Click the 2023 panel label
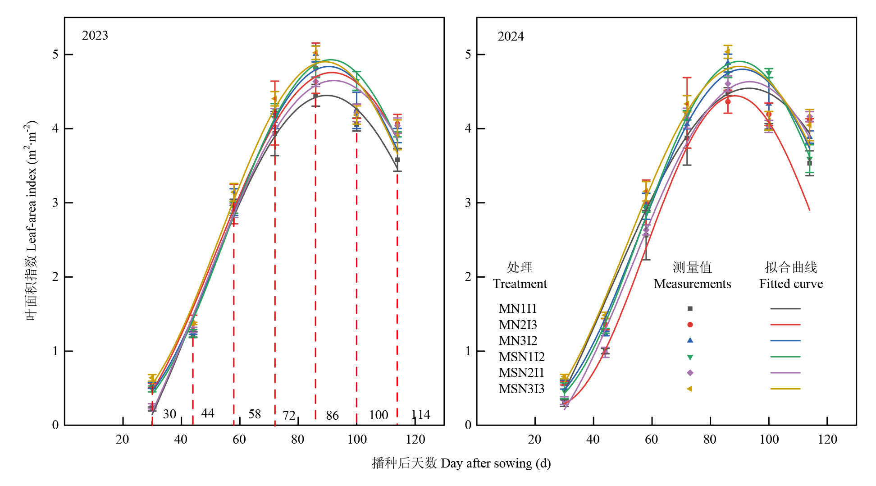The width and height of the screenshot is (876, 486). click(x=95, y=36)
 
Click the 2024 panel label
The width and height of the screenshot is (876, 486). click(x=511, y=37)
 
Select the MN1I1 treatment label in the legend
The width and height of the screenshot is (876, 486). click(x=518, y=309)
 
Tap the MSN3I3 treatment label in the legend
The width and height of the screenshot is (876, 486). click(x=521, y=389)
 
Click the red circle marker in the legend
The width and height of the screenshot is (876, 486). click(x=690, y=325)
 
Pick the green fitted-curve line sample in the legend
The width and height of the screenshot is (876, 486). click(x=785, y=357)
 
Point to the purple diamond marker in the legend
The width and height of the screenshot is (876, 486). click(x=690, y=373)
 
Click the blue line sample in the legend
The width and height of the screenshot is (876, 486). click(x=785, y=341)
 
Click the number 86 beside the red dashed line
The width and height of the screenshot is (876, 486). click(x=332, y=415)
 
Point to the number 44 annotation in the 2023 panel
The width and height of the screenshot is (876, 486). click(x=208, y=413)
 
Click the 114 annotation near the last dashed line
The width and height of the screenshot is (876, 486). click(x=420, y=415)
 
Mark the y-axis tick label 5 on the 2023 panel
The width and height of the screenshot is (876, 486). click(x=55, y=55)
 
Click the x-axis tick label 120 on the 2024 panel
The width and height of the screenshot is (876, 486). click(x=827, y=440)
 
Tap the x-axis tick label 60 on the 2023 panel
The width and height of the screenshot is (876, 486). click(x=239, y=440)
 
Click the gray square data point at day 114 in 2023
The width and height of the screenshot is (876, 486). click(x=397, y=160)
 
